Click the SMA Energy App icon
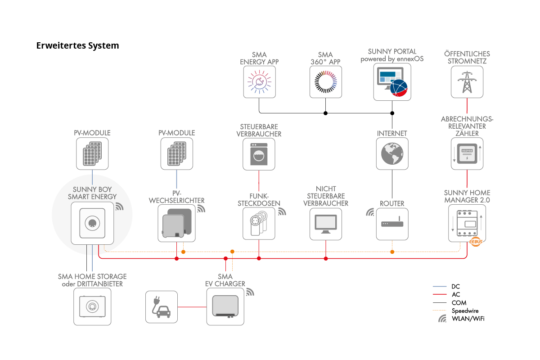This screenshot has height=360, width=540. pyautogui.click(x=259, y=82)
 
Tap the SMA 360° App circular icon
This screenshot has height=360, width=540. pyautogui.click(x=326, y=82)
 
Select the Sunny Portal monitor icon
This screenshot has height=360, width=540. pyautogui.click(x=392, y=82)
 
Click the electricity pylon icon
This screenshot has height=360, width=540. pyautogui.click(x=467, y=82)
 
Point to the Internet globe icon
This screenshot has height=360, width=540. pyautogui.click(x=392, y=153)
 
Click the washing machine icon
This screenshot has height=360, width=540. pyautogui.click(x=259, y=154)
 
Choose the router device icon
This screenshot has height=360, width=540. pyautogui.click(x=392, y=224)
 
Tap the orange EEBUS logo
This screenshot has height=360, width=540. pyautogui.click(x=476, y=242)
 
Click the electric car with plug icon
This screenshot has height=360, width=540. pyautogui.click(x=162, y=307)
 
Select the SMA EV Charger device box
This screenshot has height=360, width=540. pyautogui.click(x=225, y=307)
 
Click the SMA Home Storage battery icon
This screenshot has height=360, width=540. pyautogui.click(x=92, y=307)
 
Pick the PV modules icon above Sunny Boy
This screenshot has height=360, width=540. pyautogui.click(x=92, y=153)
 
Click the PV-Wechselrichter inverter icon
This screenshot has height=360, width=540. pyautogui.click(x=176, y=223)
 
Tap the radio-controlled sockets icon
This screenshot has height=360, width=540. pyautogui.click(x=259, y=224)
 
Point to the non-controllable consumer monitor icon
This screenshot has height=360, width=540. pyautogui.click(x=326, y=224)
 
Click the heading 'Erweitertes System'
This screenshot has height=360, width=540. pyautogui.click(x=77, y=45)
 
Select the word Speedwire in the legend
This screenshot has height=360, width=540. pyautogui.click(x=465, y=310)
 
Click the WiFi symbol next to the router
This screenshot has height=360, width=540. pyautogui.click(x=370, y=212)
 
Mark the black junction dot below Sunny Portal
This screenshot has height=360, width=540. pyautogui.click(x=392, y=113)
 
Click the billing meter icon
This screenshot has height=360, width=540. pyautogui.click(x=467, y=153)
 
